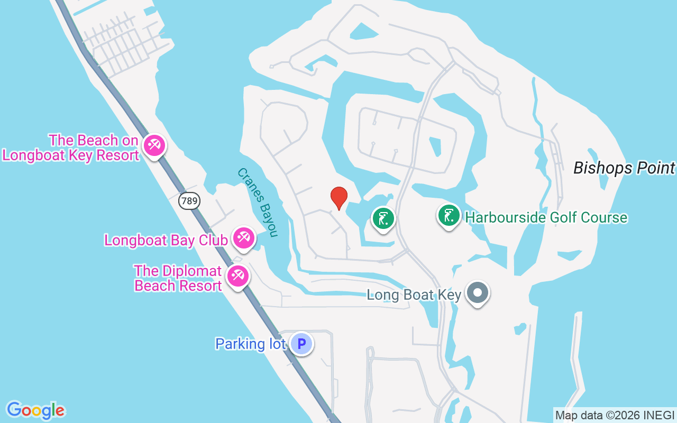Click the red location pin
point(338,198)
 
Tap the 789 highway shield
point(189,200)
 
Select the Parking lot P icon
point(301,344)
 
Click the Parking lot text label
point(250,344)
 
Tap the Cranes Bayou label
point(258,203)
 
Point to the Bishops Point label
point(624,168)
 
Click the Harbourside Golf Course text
point(546,217)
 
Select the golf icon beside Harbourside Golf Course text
point(449,216)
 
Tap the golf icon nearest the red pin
point(383,218)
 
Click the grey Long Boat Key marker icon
point(478,292)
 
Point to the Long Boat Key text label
point(414,295)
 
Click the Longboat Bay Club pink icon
point(243,238)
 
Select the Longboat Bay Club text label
point(166,240)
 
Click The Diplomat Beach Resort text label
point(178,278)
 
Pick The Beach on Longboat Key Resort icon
point(154,144)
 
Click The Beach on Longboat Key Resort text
point(71,148)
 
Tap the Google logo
point(35,410)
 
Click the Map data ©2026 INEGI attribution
point(615,415)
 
